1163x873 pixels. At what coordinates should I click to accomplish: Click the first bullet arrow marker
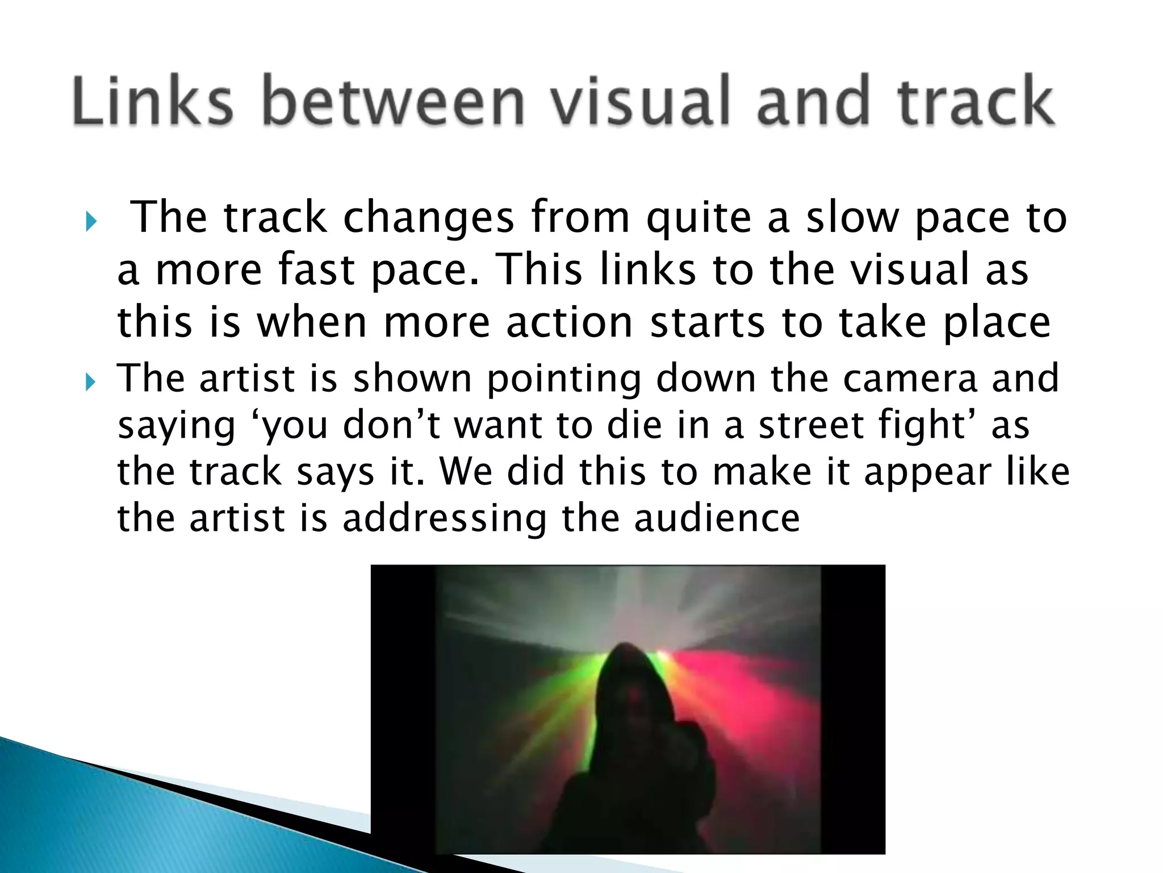90,222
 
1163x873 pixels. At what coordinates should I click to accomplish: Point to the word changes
429,219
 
